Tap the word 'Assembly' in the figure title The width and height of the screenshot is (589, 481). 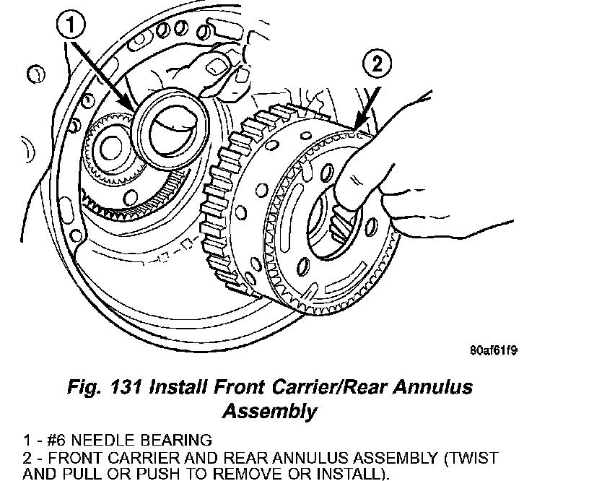tap(269, 412)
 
